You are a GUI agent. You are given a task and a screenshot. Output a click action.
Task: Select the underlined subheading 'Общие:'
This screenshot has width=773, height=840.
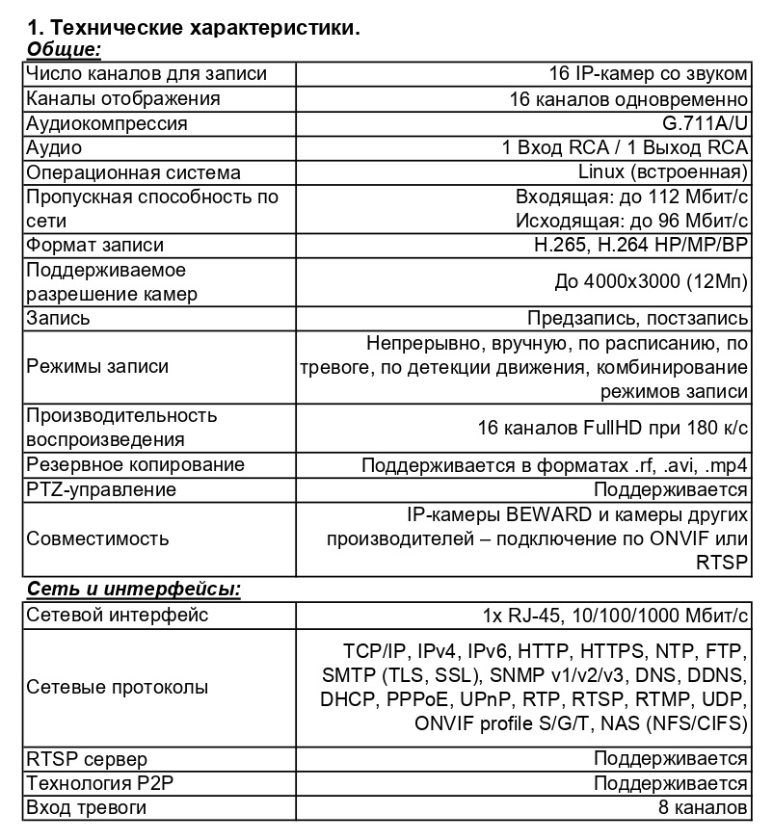pyautogui.click(x=64, y=49)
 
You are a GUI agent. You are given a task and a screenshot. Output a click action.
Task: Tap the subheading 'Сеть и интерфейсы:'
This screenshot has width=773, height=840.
pyautogui.click(x=133, y=588)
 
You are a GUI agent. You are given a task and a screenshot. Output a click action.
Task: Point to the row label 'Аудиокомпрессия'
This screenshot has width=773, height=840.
pyautogui.click(x=107, y=123)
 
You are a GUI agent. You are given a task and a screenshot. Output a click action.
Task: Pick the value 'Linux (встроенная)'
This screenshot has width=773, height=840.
pyautogui.click(x=663, y=172)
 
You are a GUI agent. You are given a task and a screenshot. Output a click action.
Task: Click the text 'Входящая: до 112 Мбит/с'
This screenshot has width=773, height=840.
pyautogui.click(x=632, y=197)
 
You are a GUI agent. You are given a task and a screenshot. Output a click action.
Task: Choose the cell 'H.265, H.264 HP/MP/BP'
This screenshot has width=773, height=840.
pyautogui.click(x=641, y=245)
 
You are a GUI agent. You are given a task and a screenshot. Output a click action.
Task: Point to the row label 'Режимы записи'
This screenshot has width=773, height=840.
pyautogui.click(x=97, y=367)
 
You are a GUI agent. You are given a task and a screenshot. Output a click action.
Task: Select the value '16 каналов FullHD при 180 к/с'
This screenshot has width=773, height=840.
pyautogui.click(x=613, y=428)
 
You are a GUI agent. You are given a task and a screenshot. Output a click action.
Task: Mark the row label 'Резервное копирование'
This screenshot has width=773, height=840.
pyautogui.click(x=136, y=465)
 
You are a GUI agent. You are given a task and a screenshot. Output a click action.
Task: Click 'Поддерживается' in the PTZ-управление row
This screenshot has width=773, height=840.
pyautogui.click(x=671, y=489)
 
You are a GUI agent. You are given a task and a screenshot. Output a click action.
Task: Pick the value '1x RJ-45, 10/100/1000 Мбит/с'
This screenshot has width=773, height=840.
pyautogui.click(x=616, y=616)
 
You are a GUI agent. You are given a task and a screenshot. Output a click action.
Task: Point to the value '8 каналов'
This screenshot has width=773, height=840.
pyautogui.click(x=704, y=807)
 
